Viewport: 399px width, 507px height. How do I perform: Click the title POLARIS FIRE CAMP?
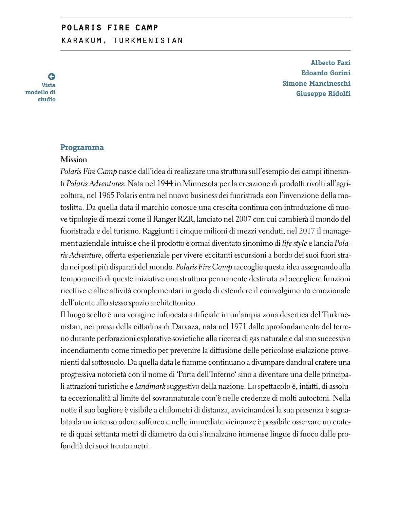(x=110, y=28)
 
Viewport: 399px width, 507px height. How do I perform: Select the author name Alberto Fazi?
(x=330, y=63)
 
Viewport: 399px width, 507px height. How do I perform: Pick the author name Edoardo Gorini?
(x=326, y=73)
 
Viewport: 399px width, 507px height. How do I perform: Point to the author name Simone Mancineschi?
(x=316, y=83)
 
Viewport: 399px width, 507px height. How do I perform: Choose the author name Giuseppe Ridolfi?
(x=323, y=94)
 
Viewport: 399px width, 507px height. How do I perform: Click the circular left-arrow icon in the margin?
(x=52, y=77)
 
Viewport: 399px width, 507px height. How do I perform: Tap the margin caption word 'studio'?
(x=46, y=99)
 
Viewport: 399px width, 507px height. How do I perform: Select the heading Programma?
(x=82, y=147)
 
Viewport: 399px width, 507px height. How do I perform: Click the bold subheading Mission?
(x=74, y=159)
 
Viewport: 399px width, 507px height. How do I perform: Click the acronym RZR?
(x=185, y=219)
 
